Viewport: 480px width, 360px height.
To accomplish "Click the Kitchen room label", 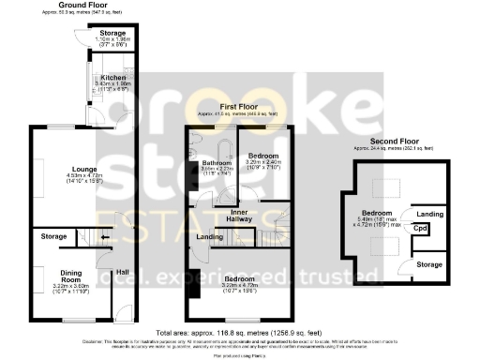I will [114, 77].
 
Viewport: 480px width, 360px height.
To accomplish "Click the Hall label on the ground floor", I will [123, 273].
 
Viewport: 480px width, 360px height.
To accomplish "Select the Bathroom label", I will [217, 162].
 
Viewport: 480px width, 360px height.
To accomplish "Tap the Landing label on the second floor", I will [429, 214].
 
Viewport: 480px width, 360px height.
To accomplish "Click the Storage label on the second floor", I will [429, 265].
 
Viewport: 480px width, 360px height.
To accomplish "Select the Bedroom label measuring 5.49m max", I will [379, 214].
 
